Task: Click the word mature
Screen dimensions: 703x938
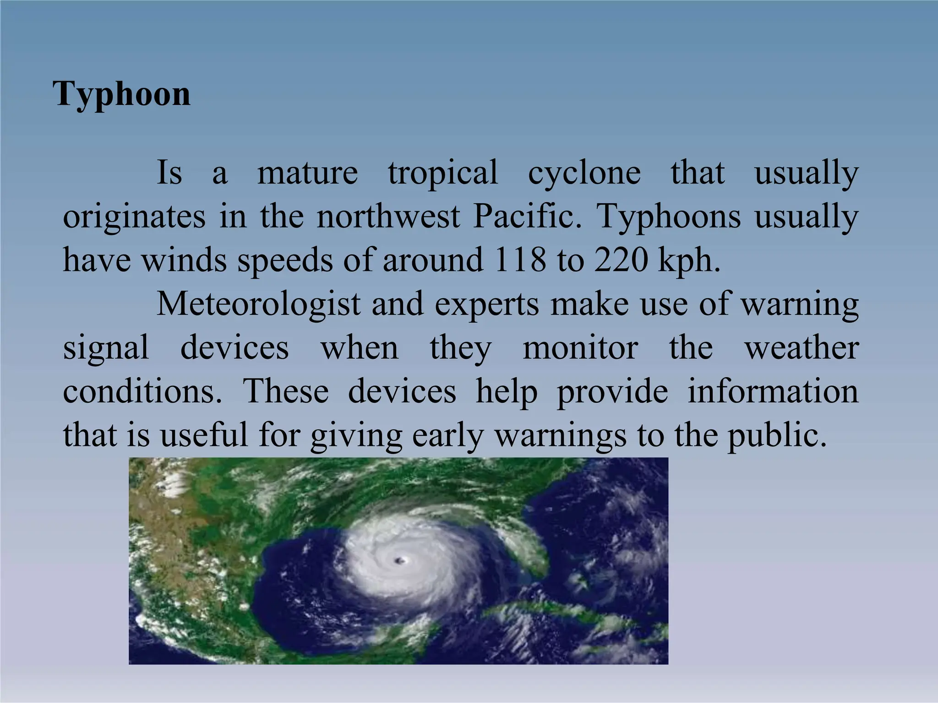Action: (307, 173)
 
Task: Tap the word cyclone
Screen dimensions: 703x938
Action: (584, 173)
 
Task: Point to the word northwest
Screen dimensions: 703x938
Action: (388, 216)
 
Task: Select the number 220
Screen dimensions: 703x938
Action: (621, 260)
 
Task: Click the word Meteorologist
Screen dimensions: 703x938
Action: (258, 304)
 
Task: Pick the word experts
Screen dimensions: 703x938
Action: (487, 304)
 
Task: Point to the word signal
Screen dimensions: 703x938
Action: (106, 348)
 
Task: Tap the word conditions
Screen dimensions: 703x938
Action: (142, 391)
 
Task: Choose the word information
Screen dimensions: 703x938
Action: (773, 391)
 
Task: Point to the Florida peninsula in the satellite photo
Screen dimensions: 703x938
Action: (532, 549)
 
